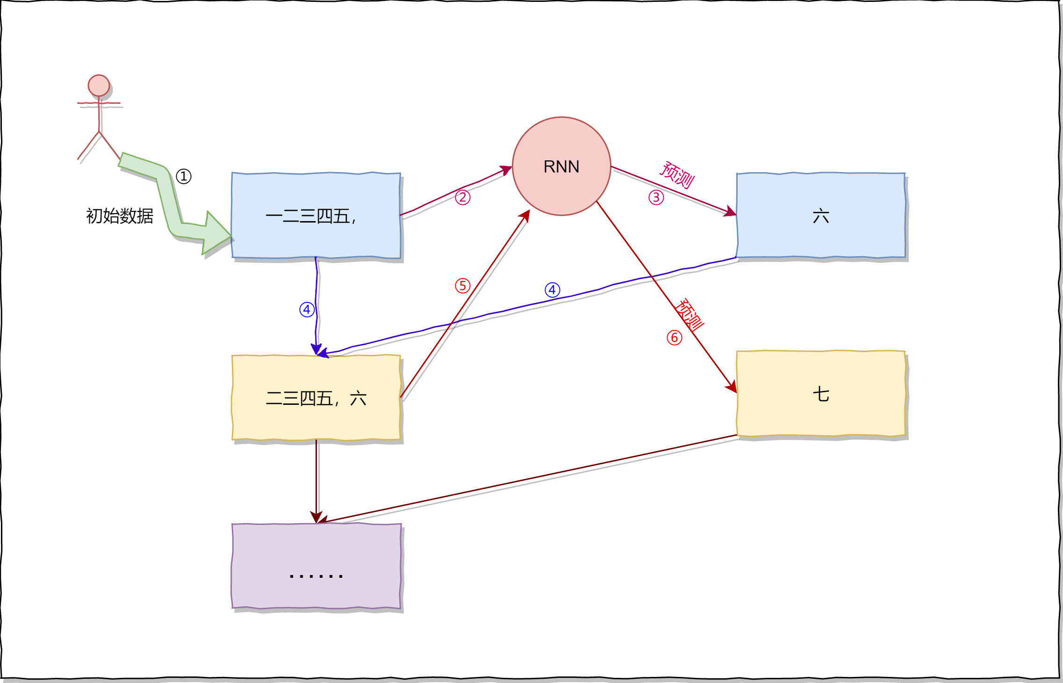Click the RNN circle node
pos(561,166)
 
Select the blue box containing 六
pos(821,216)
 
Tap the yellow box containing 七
pos(821,394)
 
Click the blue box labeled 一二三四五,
pos(316,216)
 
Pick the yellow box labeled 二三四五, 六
pos(316,398)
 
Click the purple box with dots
pos(316,566)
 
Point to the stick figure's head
pos(99,86)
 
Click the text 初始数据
pos(120,216)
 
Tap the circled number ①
pos(184,176)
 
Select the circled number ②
pos(463,197)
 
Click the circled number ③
pos(656,197)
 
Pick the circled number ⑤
pos(463,286)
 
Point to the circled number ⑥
pos(675,338)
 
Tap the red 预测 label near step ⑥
pos(690,315)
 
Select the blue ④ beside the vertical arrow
pos(307,309)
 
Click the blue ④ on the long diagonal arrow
pos(553,290)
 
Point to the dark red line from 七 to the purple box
pos(528,479)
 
